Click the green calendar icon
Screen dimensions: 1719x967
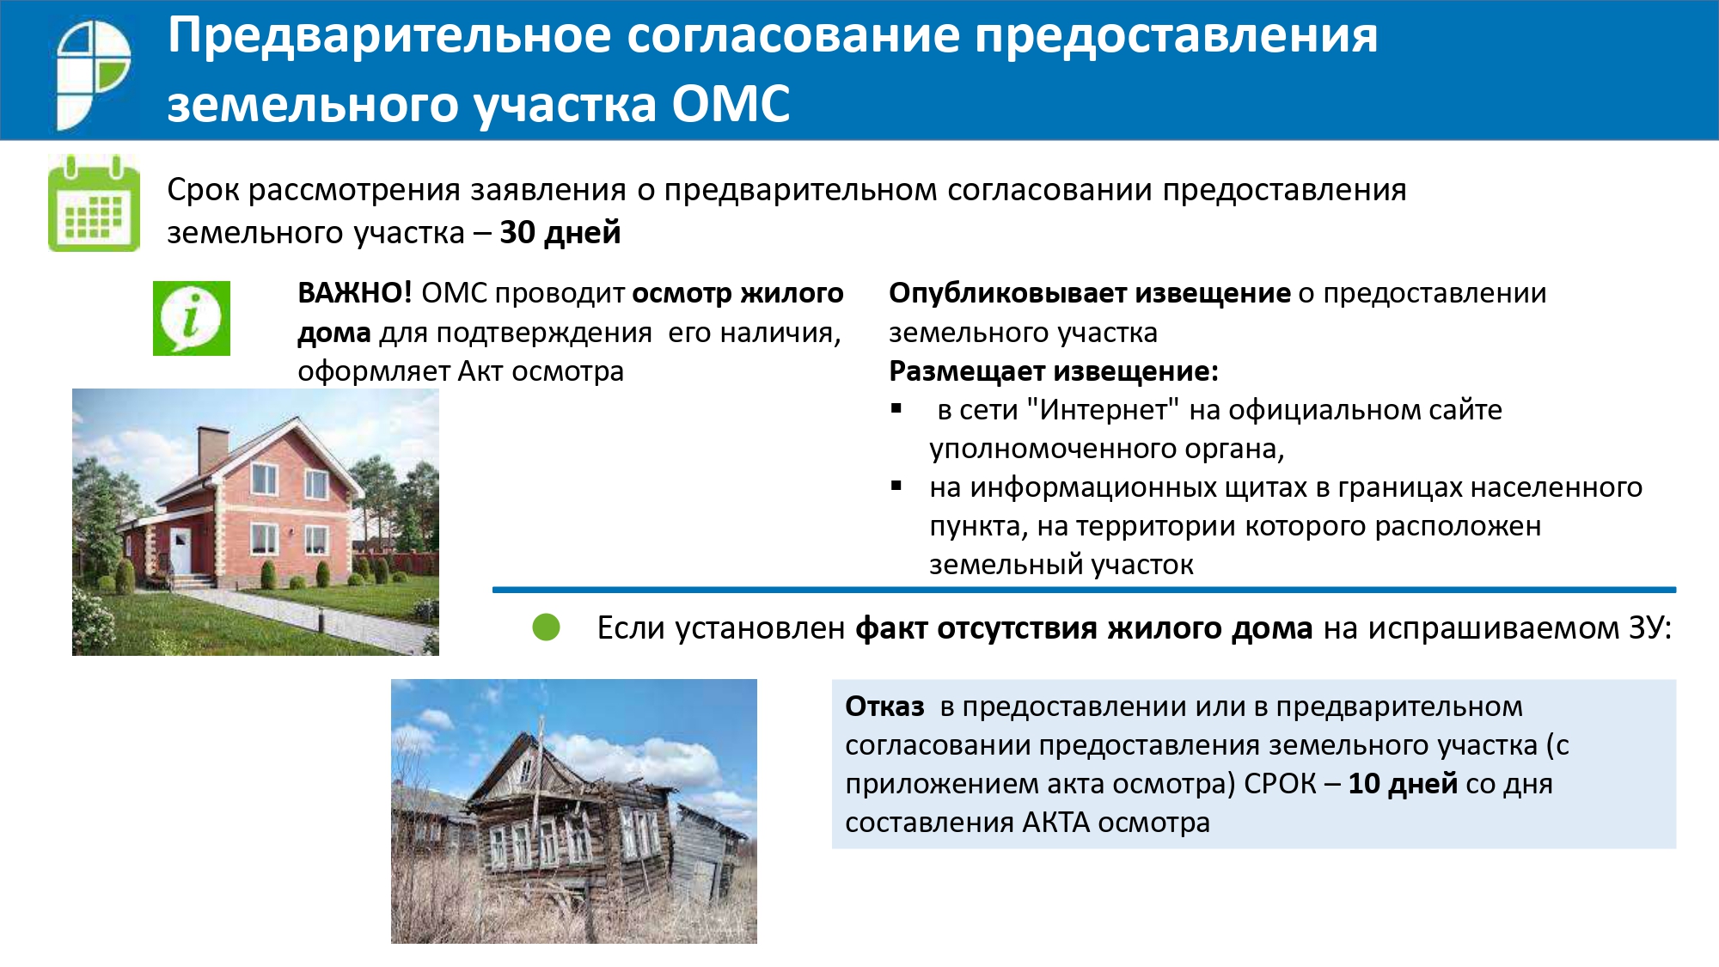tap(94, 204)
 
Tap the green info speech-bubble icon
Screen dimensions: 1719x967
tap(192, 318)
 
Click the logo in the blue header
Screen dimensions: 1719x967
tap(93, 74)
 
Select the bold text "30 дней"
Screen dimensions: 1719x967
tap(560, 233)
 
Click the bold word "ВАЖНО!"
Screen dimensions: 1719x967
tap(355, 293)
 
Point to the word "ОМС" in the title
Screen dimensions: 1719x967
tap(731, 104)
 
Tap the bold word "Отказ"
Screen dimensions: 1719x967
tap(884, 707)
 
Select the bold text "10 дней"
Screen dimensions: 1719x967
tap(1403, 784)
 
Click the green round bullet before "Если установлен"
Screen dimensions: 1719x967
tap(546, 627)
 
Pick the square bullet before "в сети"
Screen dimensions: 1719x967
tap(896, 408)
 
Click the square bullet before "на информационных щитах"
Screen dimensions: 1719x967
tap(896, 486)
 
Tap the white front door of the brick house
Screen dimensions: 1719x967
tap(180, 552)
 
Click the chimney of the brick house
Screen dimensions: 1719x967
tap(213, 450)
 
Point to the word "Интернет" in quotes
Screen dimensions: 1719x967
tap(1103, 410)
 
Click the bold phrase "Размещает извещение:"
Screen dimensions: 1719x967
tap(1054, 371)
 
